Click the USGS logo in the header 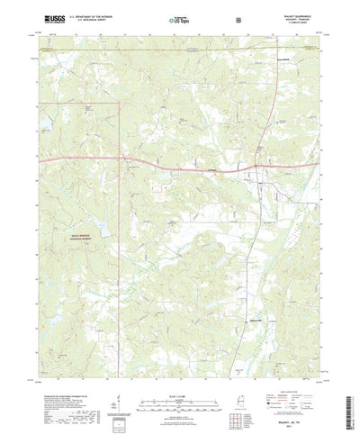51,18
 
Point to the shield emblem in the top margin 237,18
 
